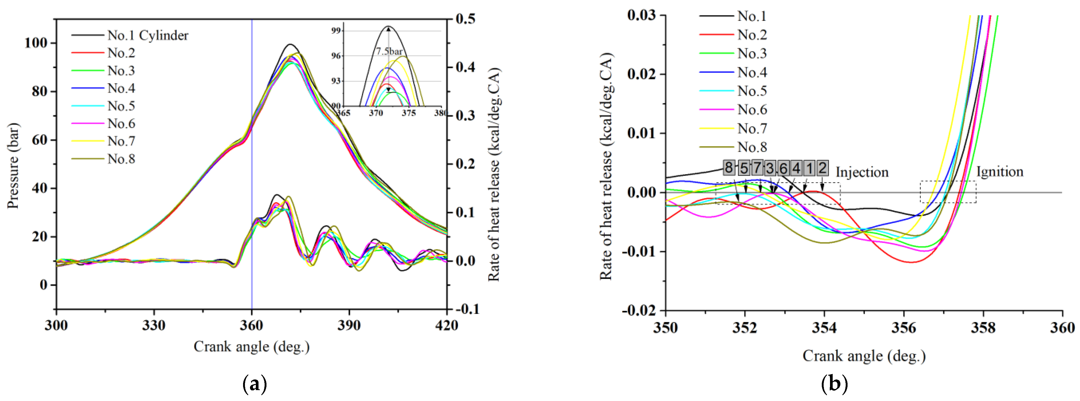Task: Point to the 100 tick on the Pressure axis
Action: pyautogui.click(x=36, y=43)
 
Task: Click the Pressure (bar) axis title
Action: pyautogui.click(x=13, y=166)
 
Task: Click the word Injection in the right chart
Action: pyautogui.click(x=862, y=172)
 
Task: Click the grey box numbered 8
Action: pyautogui.click(x=729, y=168)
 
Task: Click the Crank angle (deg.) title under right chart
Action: pyautogui.click(x=864, y=356)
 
